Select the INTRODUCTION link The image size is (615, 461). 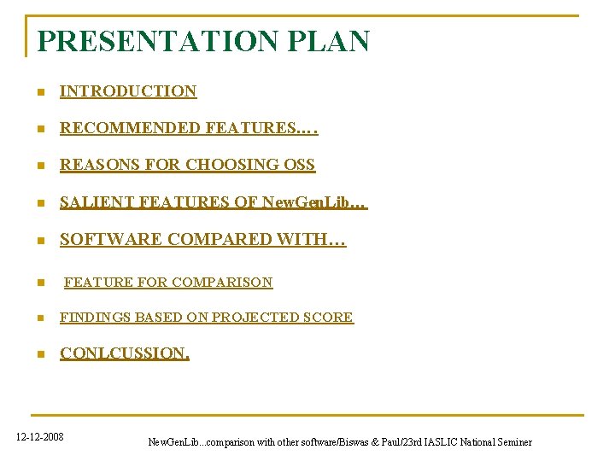(x=128, y=91)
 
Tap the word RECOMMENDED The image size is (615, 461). (x=129, y=128)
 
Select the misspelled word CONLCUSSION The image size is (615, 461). (x=125, y=353)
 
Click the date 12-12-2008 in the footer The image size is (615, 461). (x=40, y=437)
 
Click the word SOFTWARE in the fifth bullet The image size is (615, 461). (x=110, y=240)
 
